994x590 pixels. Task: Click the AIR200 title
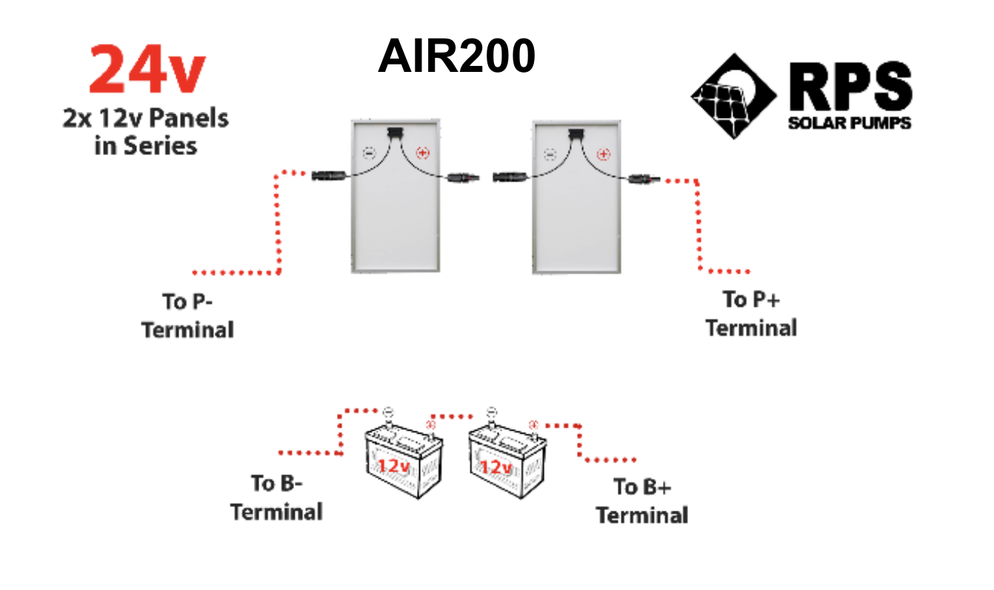[x=456, y=56]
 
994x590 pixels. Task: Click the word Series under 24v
[x=160, y=145]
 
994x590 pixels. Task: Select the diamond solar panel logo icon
[x=733, y=96]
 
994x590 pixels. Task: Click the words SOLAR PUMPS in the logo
[x=850, y=123]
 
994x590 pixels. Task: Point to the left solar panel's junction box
[x=395, y=132]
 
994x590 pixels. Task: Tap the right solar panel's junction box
[x=576, y=133]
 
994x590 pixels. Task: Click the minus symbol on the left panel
[x=369, y=153]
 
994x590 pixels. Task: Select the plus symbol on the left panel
[x=422, y=153]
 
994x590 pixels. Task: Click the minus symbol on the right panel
[x=550, y=154]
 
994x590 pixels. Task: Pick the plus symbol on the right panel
[x=603, y=154]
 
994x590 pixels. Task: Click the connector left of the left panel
[x=329, y=176]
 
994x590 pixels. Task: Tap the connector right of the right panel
[x=644, y=179]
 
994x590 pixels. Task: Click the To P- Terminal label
[x=187, y=316]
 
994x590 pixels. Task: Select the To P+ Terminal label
[x=751, y=314]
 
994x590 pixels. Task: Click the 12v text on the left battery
[x=393, y=466]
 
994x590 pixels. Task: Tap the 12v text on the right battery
[x=496, y=467]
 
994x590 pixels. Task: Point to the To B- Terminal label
[x=276, y=497]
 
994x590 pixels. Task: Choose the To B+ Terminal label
[x=641, y=501]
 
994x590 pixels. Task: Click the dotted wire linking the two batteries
[x=452, y=417]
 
